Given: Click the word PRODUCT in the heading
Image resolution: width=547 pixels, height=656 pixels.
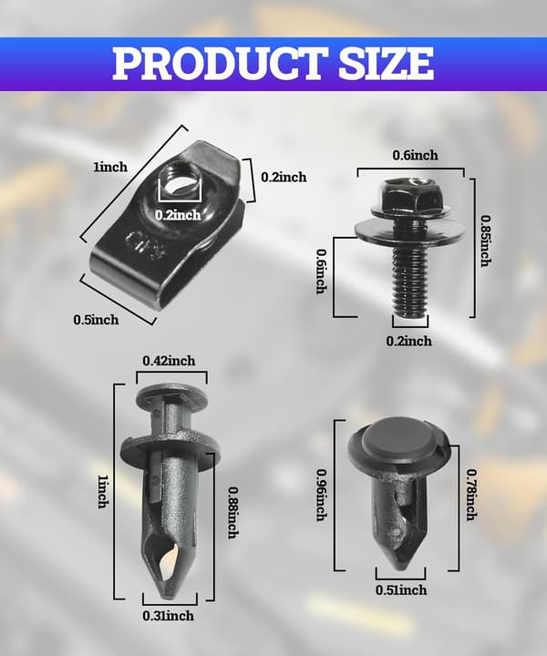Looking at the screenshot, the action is tap(220, 63).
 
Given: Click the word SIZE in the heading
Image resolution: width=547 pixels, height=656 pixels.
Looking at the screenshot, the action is tap(387, 63).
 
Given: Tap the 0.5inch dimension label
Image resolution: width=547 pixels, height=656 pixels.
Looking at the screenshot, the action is tap(96, 320).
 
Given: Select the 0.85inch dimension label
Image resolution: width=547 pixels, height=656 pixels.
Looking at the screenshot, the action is tap(486, 241).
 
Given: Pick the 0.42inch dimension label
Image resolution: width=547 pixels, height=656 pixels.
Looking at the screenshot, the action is tap(169, 361).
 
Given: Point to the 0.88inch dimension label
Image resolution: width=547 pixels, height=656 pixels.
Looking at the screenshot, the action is tap(233, 512).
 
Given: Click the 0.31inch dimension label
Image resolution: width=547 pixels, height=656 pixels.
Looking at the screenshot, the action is tap(169, 616).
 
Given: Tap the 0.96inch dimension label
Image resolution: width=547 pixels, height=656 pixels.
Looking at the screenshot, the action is tap(322, 495).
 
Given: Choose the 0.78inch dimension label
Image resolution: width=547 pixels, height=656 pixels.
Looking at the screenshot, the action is tap(472, 495).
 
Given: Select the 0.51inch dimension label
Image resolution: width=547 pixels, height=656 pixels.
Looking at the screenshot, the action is tap(401, 589).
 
